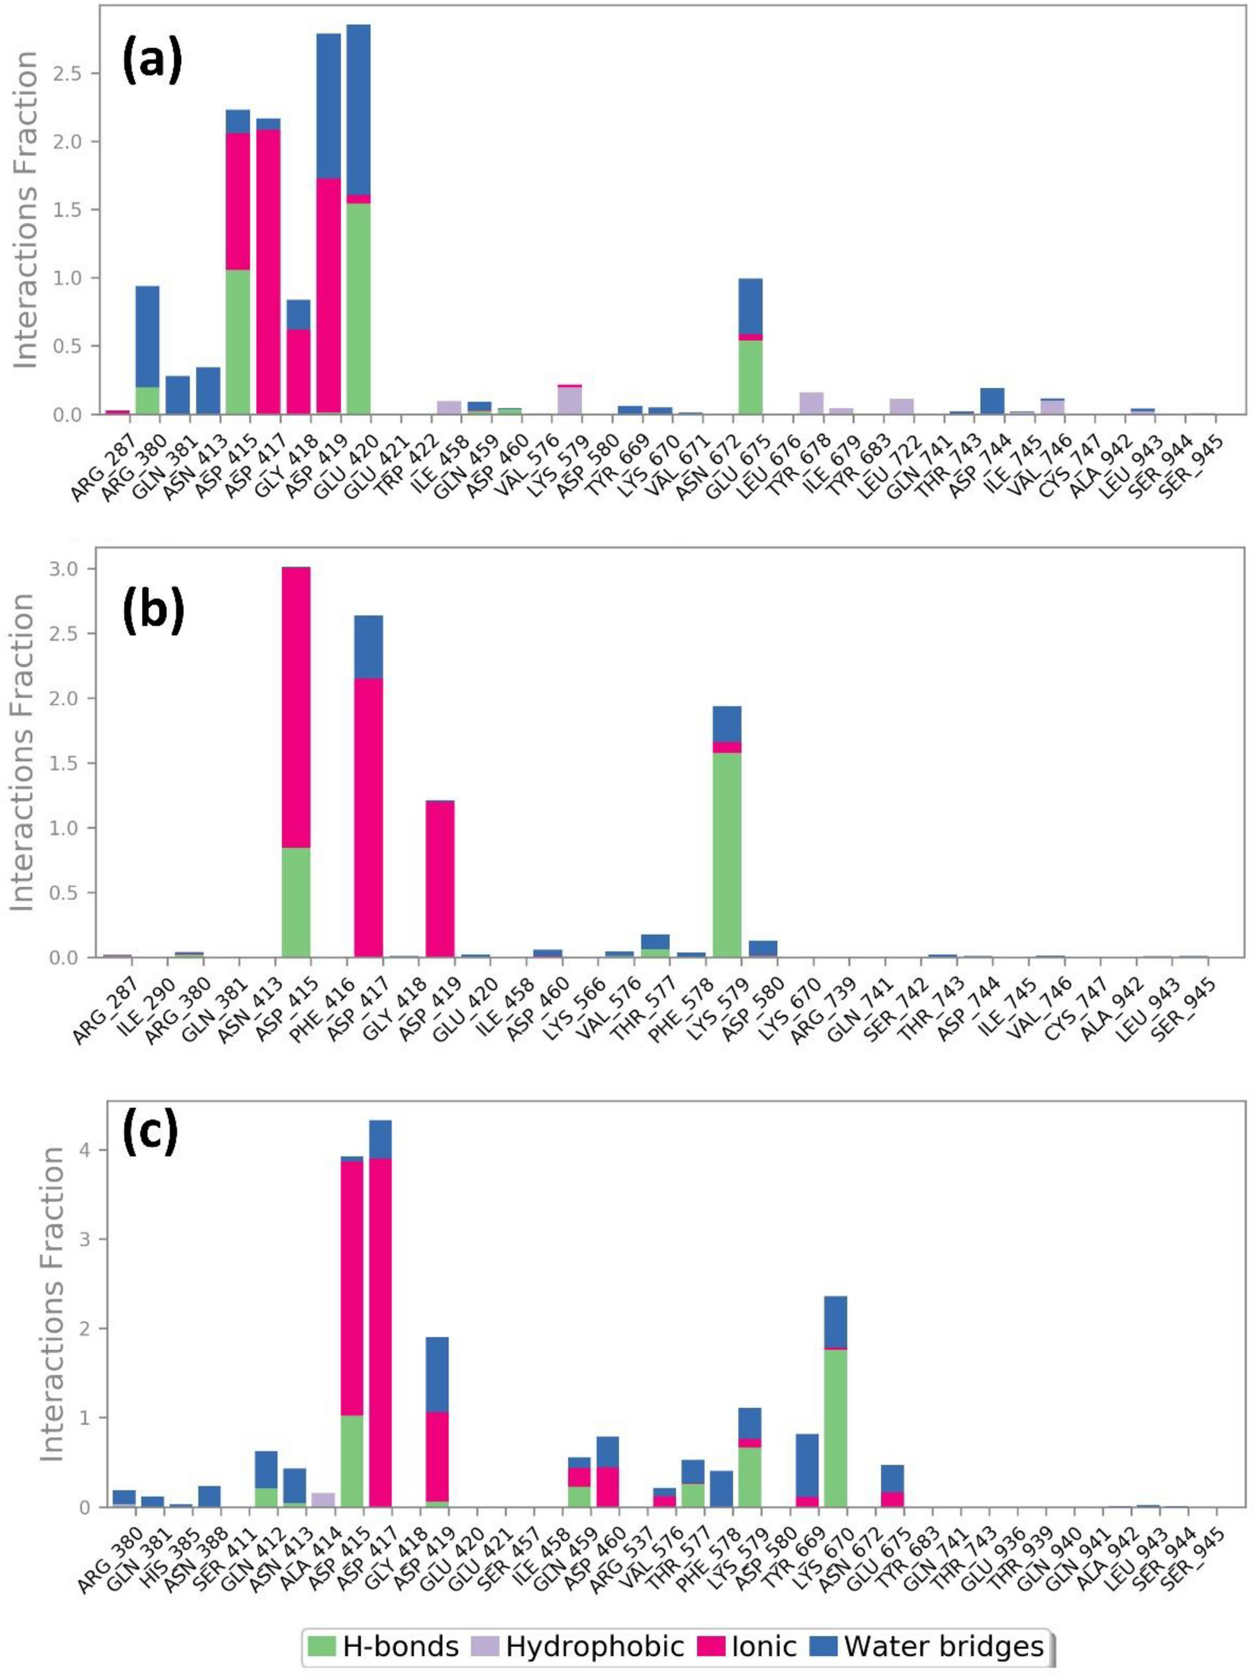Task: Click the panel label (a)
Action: click(x=152, y=61)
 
